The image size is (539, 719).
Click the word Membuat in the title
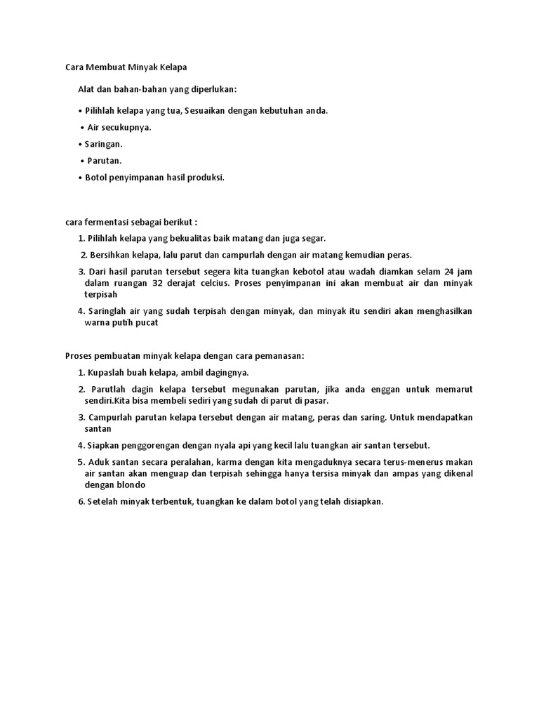pyautogui.click(x=105, y=67)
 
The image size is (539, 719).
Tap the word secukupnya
pyautogui.click(x=126, y=127)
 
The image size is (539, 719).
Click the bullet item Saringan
pyautogui.click(x=103, y=144)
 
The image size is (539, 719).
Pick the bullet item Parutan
pyautogui.click(x=105, y=161)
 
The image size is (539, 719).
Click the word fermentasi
pyautogui.click(x=105, y=222)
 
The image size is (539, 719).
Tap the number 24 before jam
pyautogui.click(x=450, y=272)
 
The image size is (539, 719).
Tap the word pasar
pyautogui.click(x=316, y=400)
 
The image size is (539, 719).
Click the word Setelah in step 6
pyautogui.click(x=104, y=501)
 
